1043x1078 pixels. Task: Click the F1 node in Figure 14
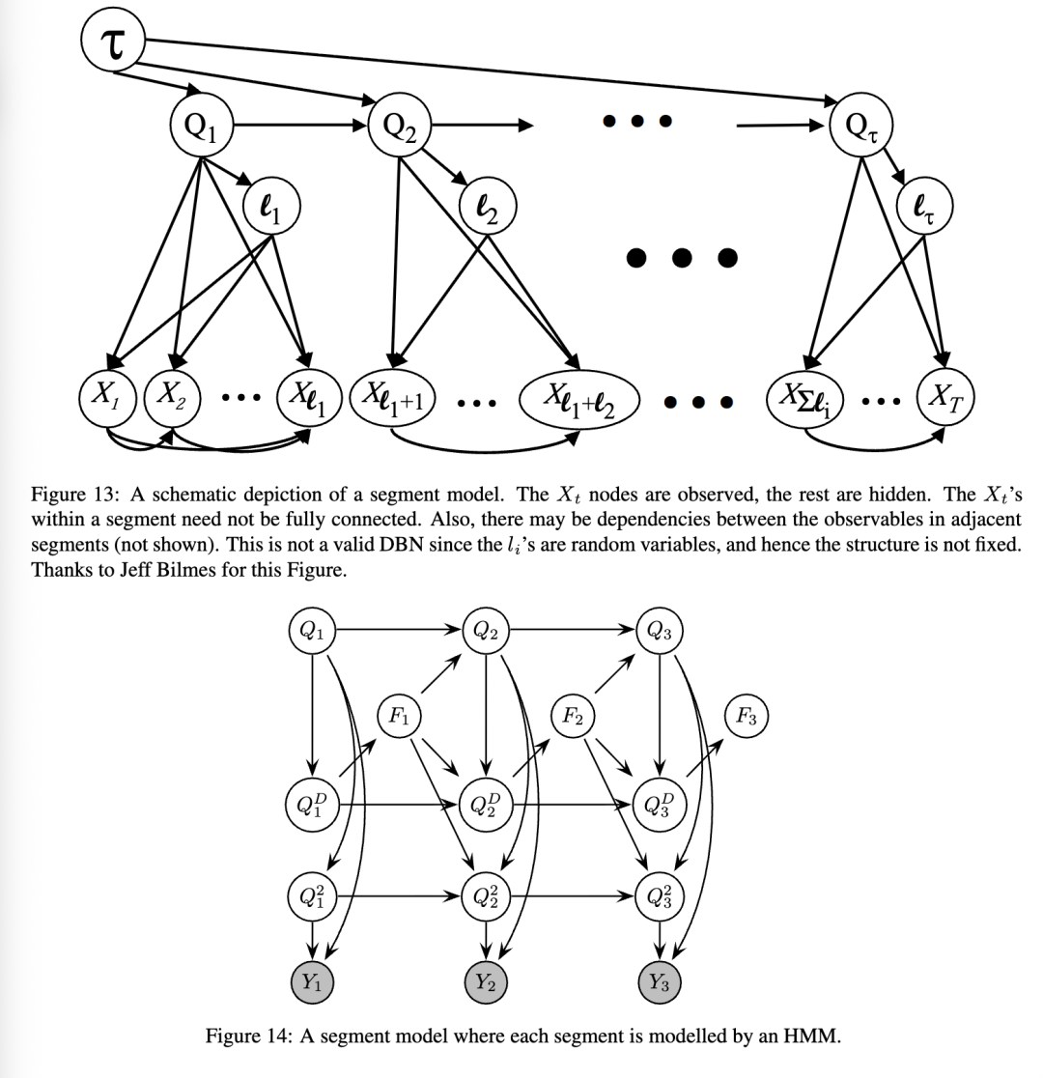(398, 716)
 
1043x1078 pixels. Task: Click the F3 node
(746, 716)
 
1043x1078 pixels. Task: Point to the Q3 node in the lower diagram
(660, 632)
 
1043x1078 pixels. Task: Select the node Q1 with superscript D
(312, 804)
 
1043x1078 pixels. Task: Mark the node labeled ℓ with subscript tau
(925, 207)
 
